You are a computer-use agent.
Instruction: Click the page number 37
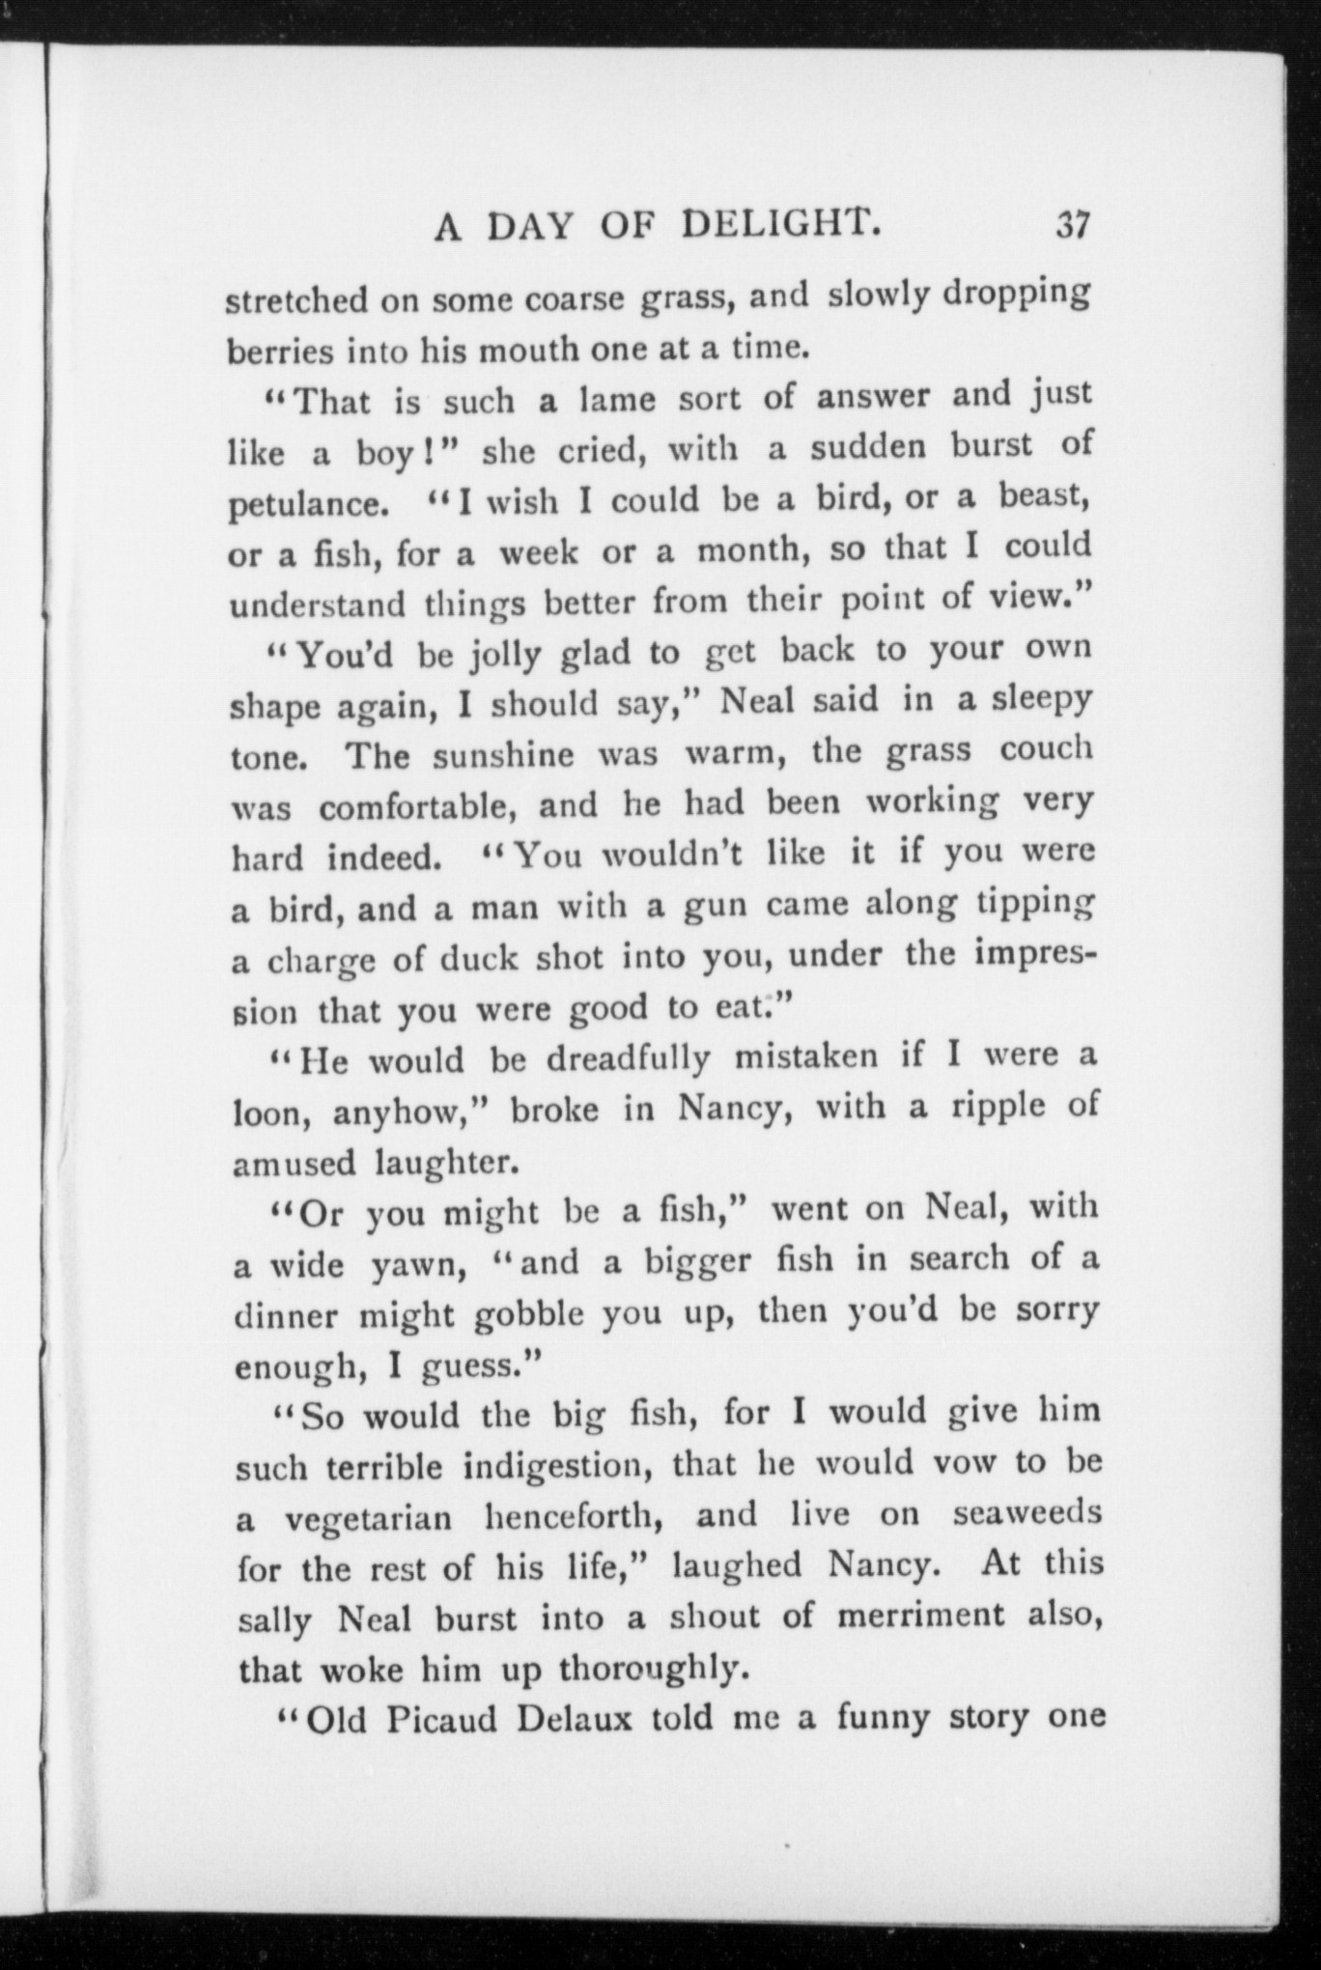[x=1072, y=227]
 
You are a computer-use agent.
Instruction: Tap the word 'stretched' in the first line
[x=295, y=301]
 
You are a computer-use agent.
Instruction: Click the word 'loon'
[x=274, y=1112]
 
